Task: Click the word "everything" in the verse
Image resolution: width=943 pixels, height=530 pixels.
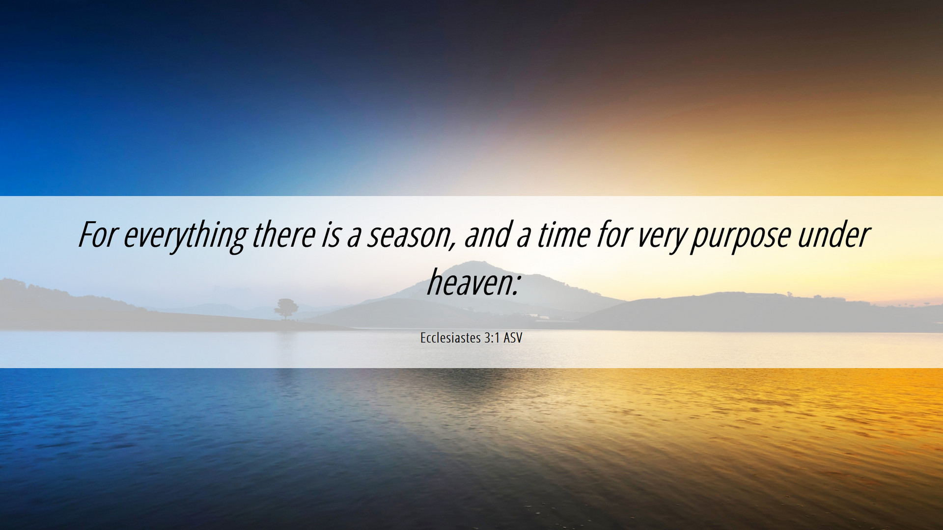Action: tap(185, 237)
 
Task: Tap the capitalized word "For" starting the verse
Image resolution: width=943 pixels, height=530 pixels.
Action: tap(97, 235)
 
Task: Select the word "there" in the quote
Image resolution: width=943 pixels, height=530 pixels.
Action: tap(283, 235)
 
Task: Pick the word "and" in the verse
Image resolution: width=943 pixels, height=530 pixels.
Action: tap(486, 235)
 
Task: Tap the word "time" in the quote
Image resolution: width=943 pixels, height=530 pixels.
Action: tap(563, 235)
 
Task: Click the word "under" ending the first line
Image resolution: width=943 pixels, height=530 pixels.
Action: tap(833, 235)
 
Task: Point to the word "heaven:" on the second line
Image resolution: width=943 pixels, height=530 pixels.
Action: tap(472, 282)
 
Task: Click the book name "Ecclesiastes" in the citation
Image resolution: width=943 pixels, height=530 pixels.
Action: tap(450, 338)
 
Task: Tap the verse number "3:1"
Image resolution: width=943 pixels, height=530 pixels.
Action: tap(492, 338)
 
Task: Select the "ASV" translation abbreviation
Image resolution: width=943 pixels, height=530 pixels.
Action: tap(513, 338)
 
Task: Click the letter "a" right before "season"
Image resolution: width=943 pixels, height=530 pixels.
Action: tap(354, 237)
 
